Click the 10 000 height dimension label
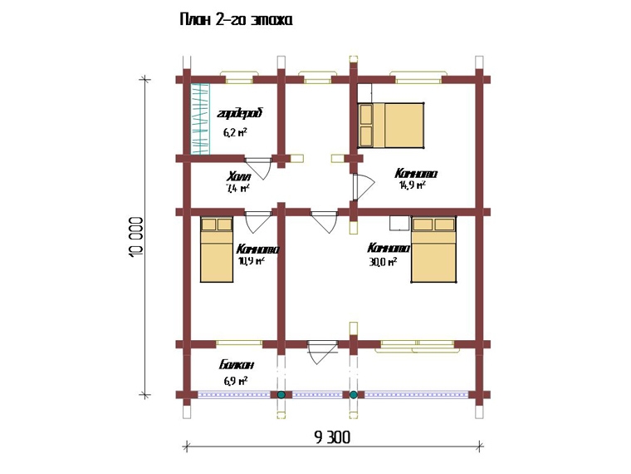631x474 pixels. click(x=138, y=239)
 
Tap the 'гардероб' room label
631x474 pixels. click(x=239, y=113)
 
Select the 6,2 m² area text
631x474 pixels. click(x=235, y=131)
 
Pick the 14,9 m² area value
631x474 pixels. click(x=412, y=185)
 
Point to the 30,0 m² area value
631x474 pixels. click(x=382, y=260)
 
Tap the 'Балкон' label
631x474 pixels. click(x=237, y=365)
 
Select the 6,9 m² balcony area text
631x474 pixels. click(x=236, y=381)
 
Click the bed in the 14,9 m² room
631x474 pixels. click(x=391, y=125)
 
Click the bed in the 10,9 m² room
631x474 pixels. click(x=217, y=249)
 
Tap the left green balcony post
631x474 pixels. click(x=281, y=394)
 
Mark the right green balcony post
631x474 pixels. click(x=353, y=394)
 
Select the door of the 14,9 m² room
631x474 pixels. click(x=360, y=188)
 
